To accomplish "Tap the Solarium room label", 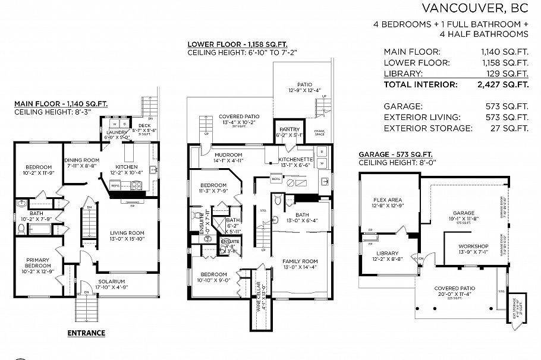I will point(112,280).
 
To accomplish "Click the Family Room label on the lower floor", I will point(300,261).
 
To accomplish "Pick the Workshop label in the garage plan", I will point(473,247).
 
